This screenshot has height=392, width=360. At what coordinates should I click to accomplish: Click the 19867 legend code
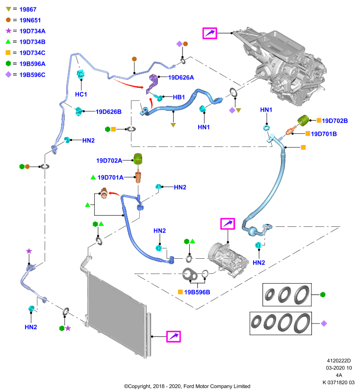point(28,9)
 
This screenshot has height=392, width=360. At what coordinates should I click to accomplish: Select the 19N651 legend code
point(30,20)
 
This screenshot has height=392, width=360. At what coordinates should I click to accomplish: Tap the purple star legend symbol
point(8,31)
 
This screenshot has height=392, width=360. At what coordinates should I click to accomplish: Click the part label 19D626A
point(181,77)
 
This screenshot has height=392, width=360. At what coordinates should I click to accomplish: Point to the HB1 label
point(179,97)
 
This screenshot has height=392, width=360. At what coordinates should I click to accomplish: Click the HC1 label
point(81,94)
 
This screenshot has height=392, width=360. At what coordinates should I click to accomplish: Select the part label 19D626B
point(108,112)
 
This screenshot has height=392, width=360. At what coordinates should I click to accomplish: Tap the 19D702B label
point(334,121)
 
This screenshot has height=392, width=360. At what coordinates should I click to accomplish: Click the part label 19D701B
point(324,134)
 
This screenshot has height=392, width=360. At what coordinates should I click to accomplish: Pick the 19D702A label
point(109,161)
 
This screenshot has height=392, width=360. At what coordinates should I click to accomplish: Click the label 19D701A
point(110,177)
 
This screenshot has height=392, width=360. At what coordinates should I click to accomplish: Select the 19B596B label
point(197,292)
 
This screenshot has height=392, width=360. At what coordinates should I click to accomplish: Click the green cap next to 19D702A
point(138,159)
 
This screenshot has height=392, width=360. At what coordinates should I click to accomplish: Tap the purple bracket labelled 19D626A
point(152,84)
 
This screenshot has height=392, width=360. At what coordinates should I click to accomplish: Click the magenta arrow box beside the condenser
point(174,336)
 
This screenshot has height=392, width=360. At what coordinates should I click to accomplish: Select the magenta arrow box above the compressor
point(228,223)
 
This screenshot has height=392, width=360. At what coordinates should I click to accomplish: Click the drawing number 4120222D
point(339,361)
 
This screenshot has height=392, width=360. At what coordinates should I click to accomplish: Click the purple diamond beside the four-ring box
point(324,323)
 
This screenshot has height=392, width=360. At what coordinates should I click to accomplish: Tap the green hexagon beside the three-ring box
point(323,295)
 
